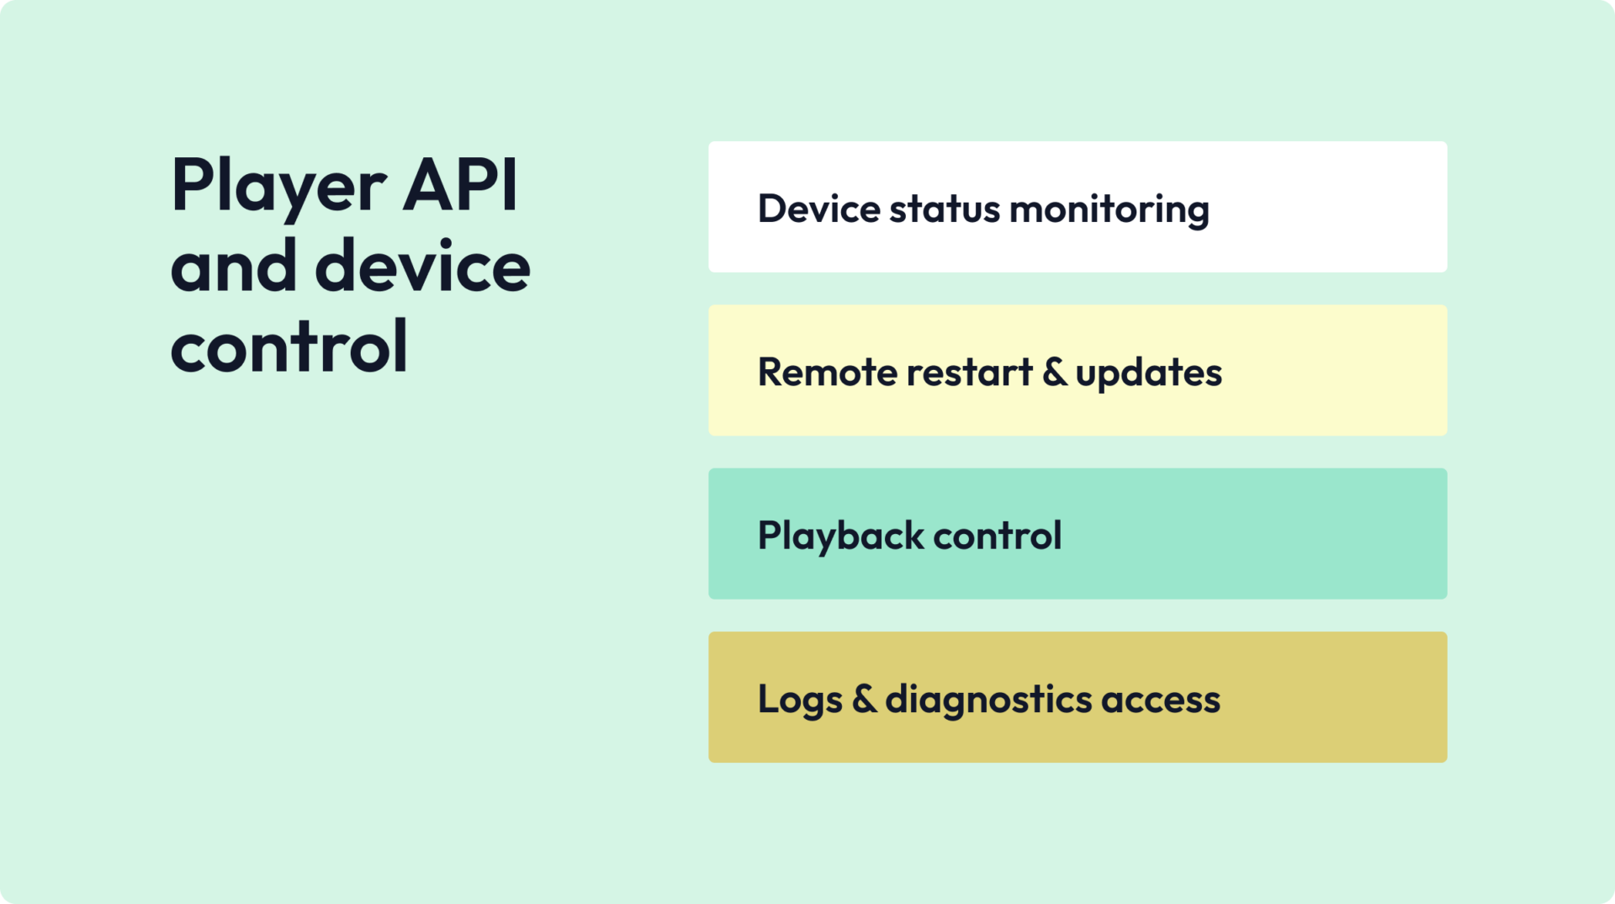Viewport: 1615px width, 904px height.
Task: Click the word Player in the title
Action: click(x=278, y=187)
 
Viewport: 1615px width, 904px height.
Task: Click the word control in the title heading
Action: click(x=289, y=346)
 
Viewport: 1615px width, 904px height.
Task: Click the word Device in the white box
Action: click(x=818, y=209)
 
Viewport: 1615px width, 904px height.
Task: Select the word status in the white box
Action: click(x=945, y=209)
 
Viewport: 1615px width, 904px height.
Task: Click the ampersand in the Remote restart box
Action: click(x=1054, y=372)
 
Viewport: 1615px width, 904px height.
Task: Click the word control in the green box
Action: click(x=997, y=536)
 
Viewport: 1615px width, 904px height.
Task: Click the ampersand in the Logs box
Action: click(x=864, y=699)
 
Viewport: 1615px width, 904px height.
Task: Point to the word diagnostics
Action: click(x=988, y=700)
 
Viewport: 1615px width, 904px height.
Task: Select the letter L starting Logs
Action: click(x=766, y=699)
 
